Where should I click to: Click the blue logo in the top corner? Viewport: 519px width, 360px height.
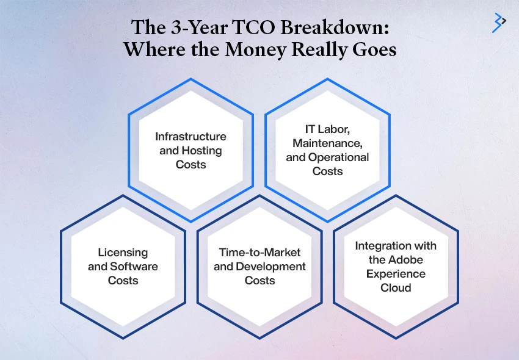pyautogui.click(x=499, y=23)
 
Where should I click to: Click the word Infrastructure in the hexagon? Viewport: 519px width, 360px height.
pyautogui.click(x=191, y=136)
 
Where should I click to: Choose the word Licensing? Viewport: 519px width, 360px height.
pyautogui.click(x=123, y=252)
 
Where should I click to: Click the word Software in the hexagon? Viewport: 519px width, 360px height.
pyautogui.click(x=133, y=266)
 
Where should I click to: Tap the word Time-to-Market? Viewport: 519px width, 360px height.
pyautogui.click(x=259, y=252)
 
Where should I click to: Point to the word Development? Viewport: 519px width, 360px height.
pyautogui.click(x=271, y=266)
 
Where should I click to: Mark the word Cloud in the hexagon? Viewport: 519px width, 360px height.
pyautogui.click(x=396, y=287)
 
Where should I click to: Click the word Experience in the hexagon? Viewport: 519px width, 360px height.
pyautogui.click(x=396, y=273)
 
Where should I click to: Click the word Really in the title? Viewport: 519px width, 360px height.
pyautogui.click(x=322, y=49)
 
